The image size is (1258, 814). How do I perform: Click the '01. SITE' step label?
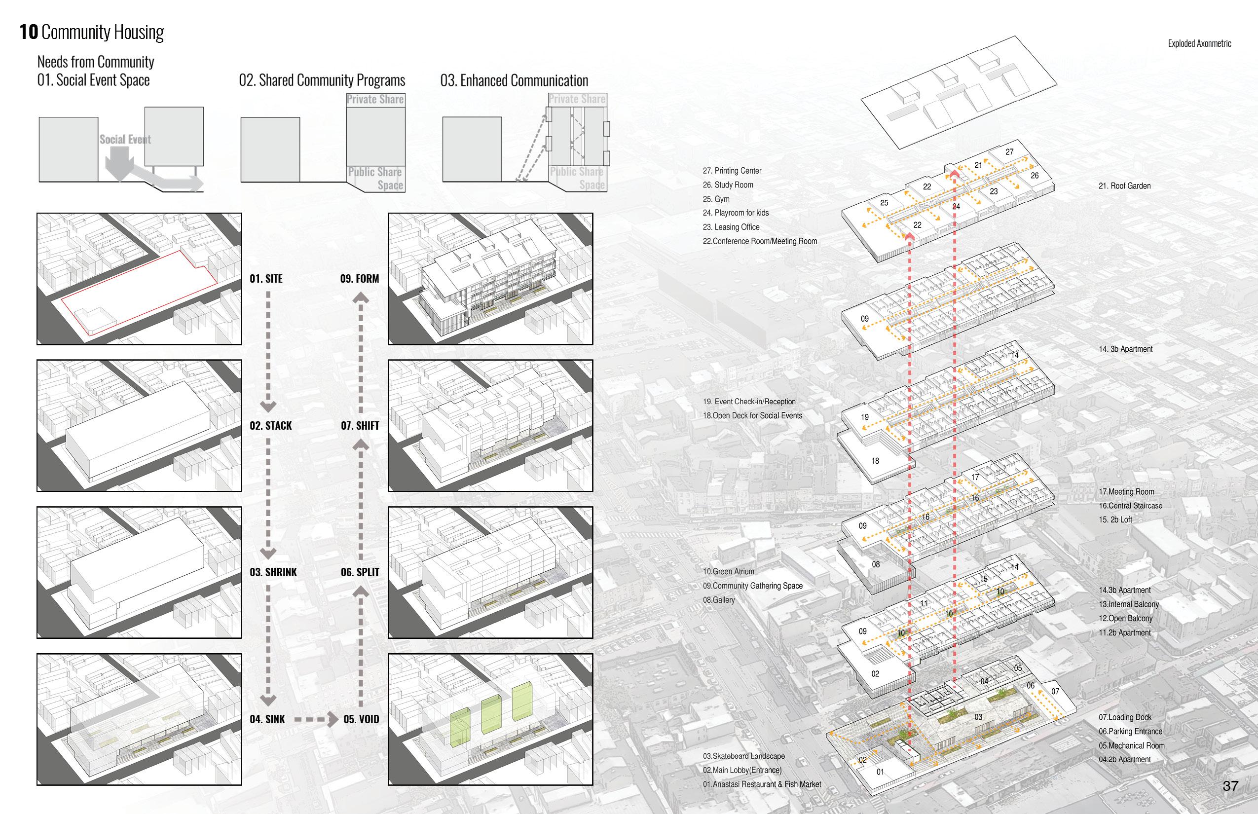coord(266,279)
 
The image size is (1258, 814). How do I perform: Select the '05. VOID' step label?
coord(361,719)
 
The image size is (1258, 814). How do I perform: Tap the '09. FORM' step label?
coord(360,279)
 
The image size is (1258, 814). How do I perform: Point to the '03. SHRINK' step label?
coord(273,572)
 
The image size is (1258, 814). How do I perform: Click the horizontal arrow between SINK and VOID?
coord(316,719)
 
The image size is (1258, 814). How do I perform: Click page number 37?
coord(1230,786)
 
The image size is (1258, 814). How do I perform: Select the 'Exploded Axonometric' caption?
coord(1199,43)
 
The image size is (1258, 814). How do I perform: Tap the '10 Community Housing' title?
coord(92,32)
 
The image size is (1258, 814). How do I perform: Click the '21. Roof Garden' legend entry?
coord(1124,186)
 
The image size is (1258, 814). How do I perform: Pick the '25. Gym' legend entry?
coord(716,199)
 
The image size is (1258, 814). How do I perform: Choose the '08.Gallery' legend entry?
coord(719,600)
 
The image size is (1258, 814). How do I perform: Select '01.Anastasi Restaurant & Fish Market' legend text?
coord(762,784)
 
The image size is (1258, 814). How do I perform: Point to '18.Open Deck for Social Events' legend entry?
coord(752,416)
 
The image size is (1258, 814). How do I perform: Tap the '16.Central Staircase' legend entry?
coord(1131,506)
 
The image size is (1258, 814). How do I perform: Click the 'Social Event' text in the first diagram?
coord(125,140)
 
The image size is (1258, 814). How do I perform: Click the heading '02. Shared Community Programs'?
coord(322,80)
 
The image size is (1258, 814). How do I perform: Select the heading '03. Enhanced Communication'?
coord(514,80)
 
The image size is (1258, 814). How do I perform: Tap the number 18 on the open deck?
coord(875,461)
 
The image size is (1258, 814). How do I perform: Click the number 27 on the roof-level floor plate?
coord(1009,152)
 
